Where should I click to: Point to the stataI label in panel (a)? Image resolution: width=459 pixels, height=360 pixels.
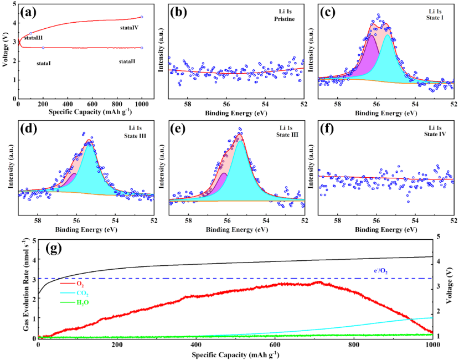(x=44, y=64)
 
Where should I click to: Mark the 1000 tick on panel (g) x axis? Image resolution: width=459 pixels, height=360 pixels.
(x=432, y=344)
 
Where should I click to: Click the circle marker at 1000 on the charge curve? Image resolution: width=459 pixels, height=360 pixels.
(x=142, y=17)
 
